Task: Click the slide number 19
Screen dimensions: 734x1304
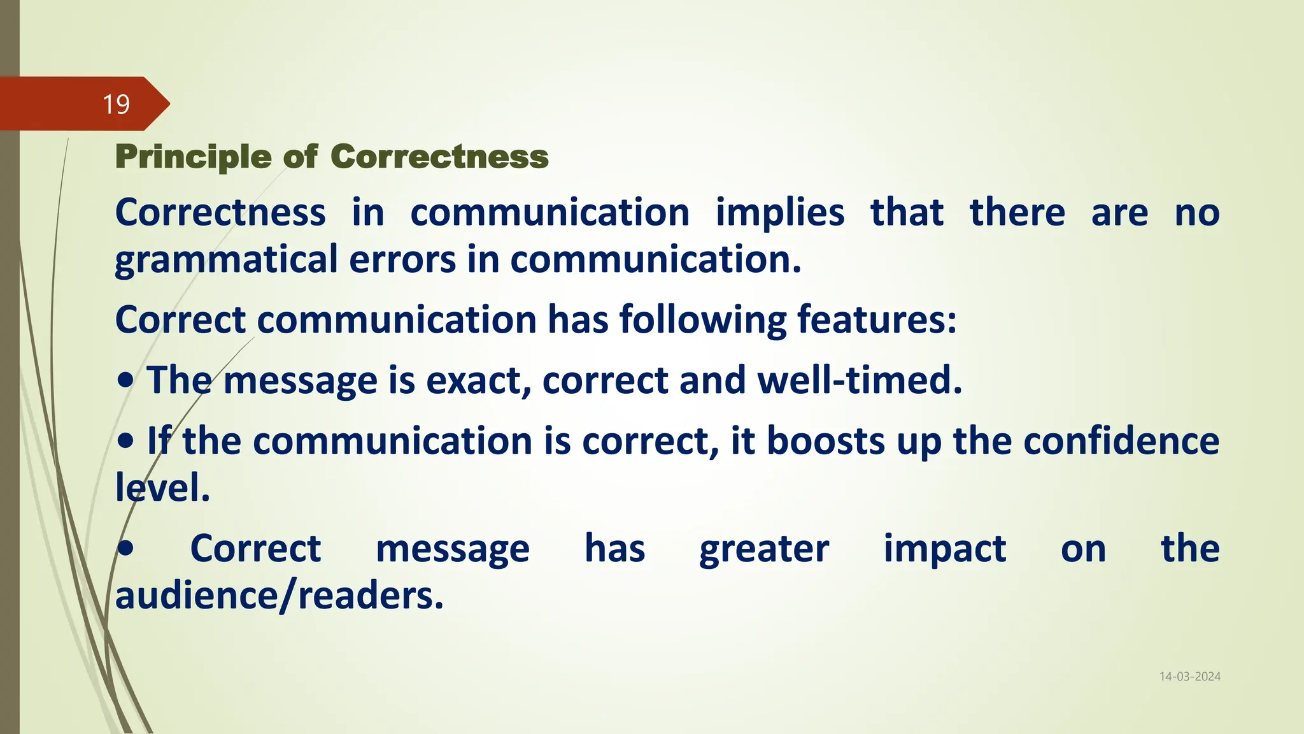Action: point(116,104)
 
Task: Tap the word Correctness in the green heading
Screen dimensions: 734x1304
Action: point(439,157)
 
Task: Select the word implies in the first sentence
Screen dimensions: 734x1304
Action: point(780,213)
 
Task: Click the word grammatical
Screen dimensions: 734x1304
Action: point(226,261)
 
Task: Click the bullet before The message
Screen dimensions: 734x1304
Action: point(125,380)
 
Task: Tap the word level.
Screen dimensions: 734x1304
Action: point(162,488)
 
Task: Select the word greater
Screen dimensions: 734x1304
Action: point(764,549)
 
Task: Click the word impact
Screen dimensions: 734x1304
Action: point(945,549)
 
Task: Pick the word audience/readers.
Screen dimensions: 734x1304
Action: point(279,596)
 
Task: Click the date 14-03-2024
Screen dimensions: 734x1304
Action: point(1189,677)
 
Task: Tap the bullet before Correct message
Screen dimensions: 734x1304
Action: point(125,549)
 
